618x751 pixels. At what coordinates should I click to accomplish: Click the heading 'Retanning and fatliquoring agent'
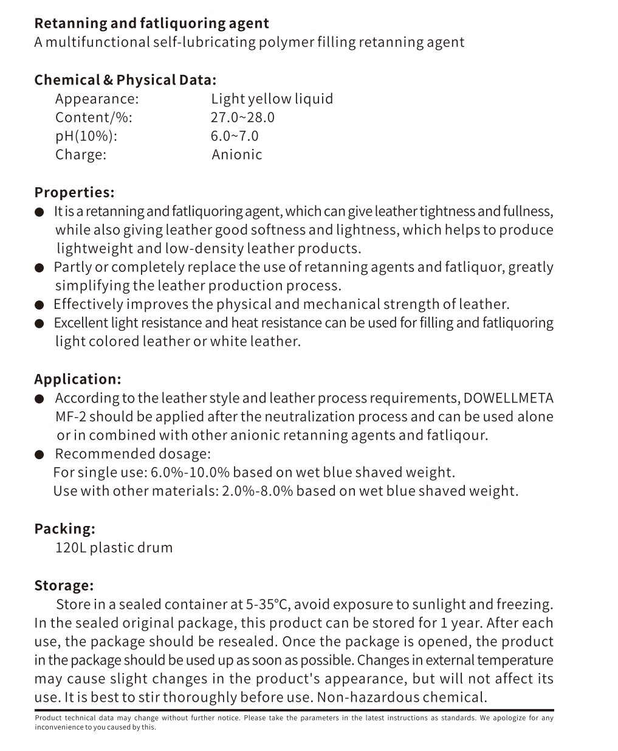[x=151, y=24]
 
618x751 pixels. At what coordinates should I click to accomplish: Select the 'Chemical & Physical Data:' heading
[x=125, y=80]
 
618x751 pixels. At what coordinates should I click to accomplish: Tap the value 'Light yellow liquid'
[x=272, y=99]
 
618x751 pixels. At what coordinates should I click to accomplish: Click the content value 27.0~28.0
[x=242, y=117]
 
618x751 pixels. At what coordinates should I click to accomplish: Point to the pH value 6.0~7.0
[x=235, y=136]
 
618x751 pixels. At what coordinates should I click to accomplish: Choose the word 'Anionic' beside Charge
[x=237, y=154]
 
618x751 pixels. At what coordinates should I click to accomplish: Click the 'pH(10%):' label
[x=86, y=136]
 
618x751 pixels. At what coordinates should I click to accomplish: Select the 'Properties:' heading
[x=74, y=192]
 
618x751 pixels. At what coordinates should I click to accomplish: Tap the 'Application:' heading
[x=78, y=379]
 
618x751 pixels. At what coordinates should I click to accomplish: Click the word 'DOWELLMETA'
[x=508, y=398]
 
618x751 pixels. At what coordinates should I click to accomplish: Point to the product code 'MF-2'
[x=71, y=417]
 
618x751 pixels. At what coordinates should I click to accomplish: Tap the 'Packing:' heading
[x=64, y=528]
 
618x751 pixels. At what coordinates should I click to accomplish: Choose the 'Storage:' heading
[x=64, y=585]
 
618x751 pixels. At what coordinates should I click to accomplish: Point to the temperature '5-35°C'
[x=267, y=604]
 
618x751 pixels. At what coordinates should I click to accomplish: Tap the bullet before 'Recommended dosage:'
[x=40, y=454]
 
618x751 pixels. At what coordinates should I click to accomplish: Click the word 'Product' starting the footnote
[x=49, y=718]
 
